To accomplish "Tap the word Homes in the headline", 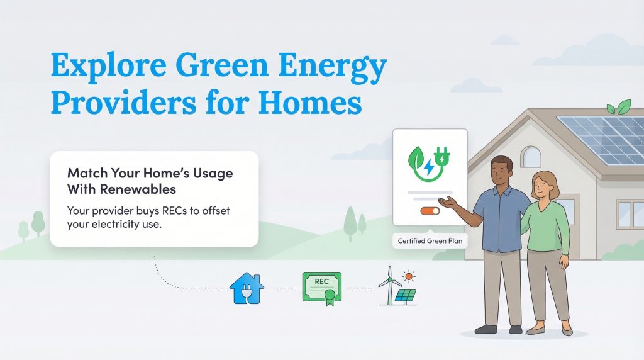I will (x=311, y=103).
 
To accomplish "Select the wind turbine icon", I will (x=389, y=285).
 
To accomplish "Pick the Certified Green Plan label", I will (x=430, y=240).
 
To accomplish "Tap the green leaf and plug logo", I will (x=430, y=160).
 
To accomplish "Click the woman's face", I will (x=543, y=186).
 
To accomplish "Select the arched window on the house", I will (x=531, y=157).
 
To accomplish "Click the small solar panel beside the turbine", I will (x=406, y=295).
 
